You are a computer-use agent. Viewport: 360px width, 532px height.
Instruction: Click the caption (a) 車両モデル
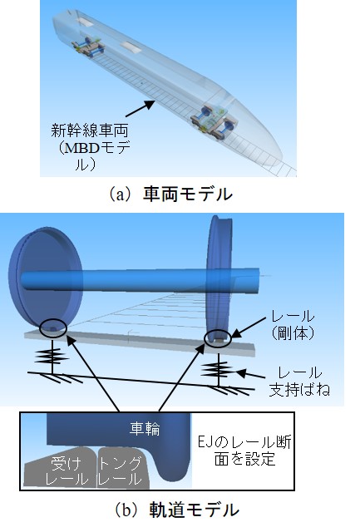pyautogui.click(x=170, y=195)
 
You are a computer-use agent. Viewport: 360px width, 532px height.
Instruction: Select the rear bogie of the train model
pyautogui.click(x=87, y=47)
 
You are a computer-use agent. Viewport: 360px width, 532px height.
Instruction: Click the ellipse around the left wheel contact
pyautogui.click(x=53, y=328)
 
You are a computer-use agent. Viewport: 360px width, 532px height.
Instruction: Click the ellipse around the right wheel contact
pyautogui.click(x=218, y=338)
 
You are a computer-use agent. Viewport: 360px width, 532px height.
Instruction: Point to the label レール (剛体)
pyautogui.click(x=293, y=325)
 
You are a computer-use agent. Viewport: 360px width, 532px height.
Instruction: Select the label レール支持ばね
pyautogui.click(x=299, y=381)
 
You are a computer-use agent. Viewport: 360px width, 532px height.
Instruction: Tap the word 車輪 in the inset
pyautogui.click(x=145, y=429)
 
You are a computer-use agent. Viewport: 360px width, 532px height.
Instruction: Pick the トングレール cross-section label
pyautogui.click(x=120, y=471)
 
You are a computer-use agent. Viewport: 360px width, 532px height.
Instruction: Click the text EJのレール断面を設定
pyautogui.click(x=244, y=451)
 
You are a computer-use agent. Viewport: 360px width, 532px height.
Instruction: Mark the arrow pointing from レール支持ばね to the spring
pyautogui.click(x=251, y=375)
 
